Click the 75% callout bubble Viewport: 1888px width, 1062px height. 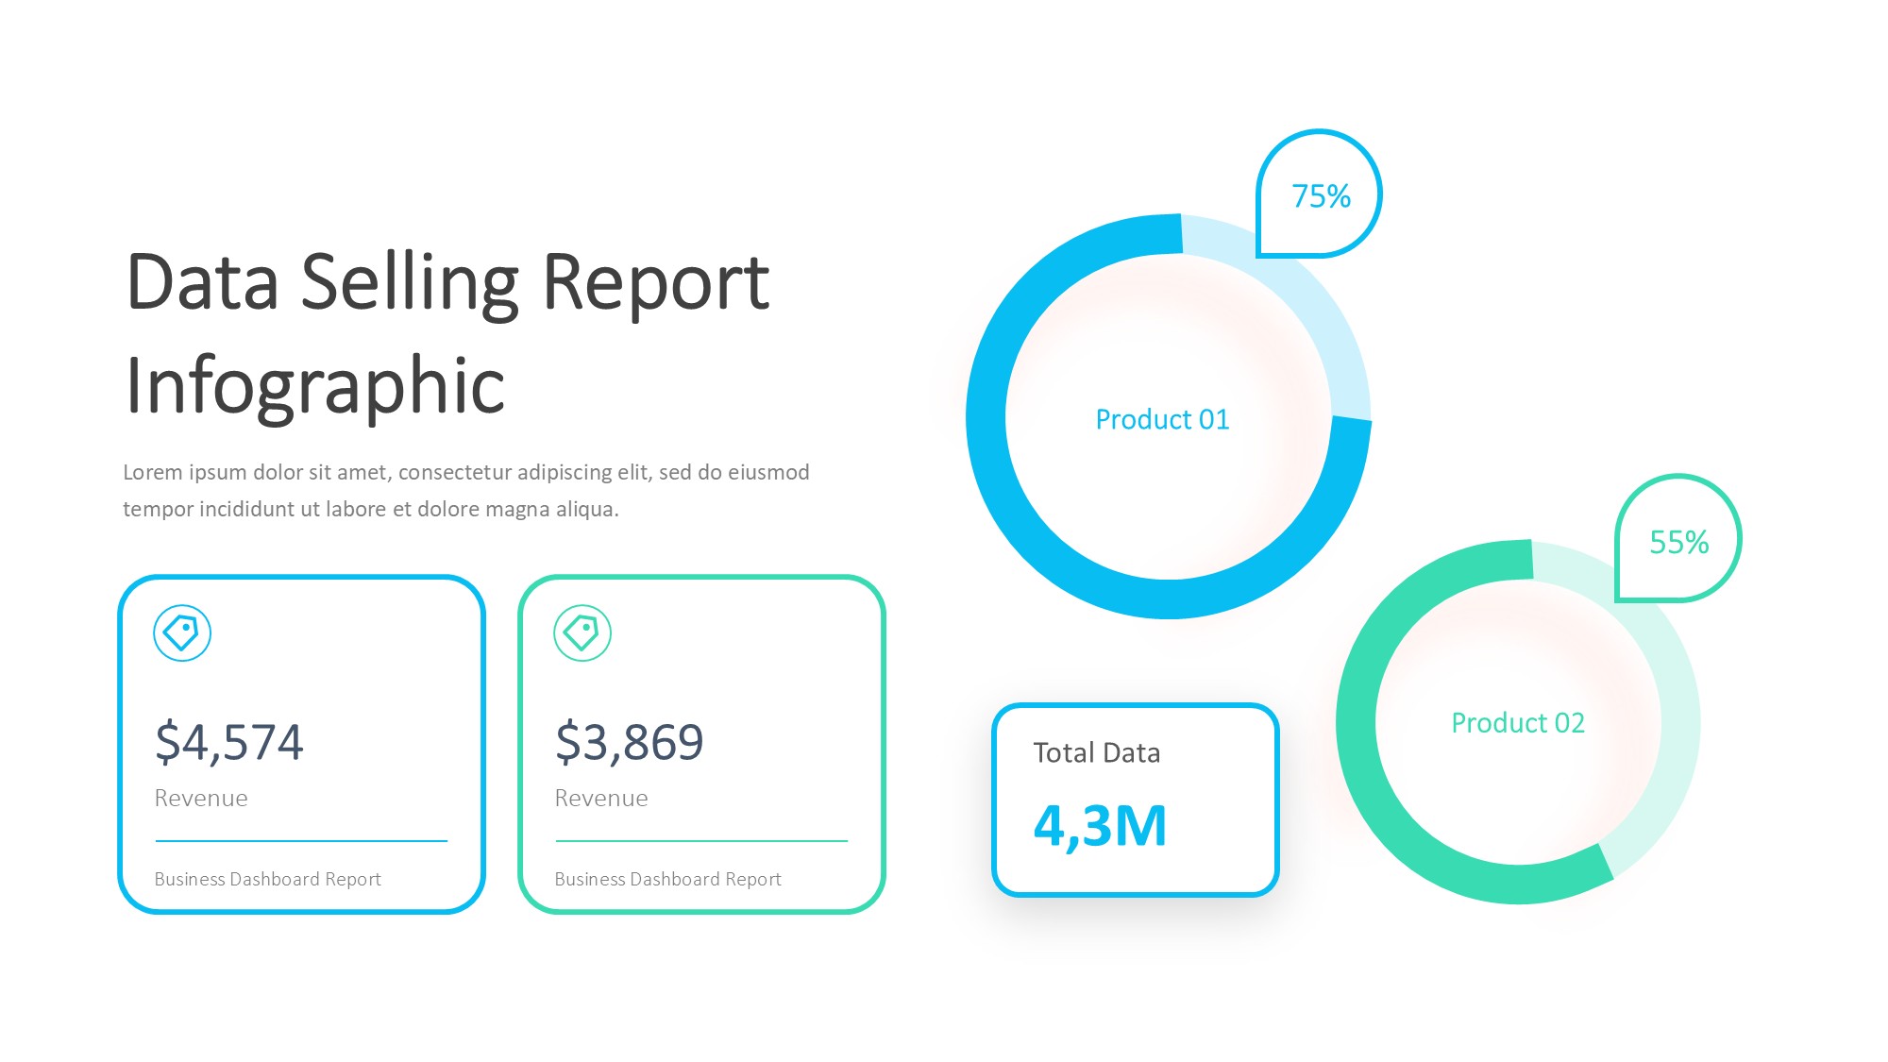tap(1320, 195)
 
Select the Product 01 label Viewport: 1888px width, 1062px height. tap(1162, 419)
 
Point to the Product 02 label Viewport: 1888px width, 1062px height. tap(1517, 723)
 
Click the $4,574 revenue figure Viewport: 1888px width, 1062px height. tap(229, 742)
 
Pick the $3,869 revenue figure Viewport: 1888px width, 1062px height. tap(630, 742)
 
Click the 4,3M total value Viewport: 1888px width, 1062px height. tap(1100, 826)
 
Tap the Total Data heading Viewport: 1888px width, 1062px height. tap(1096, 753)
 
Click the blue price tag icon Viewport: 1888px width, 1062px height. tap(182, 632)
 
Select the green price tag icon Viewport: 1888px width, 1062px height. tap(582, 632)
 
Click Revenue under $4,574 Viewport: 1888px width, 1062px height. tap(201, 799)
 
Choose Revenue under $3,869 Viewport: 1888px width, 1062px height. tap(601, 799)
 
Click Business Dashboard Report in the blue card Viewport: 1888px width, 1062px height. tap(267, 879)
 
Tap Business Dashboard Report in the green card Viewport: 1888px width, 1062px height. tap(667, 879)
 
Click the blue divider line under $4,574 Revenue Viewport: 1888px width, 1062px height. tap(301, 840)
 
